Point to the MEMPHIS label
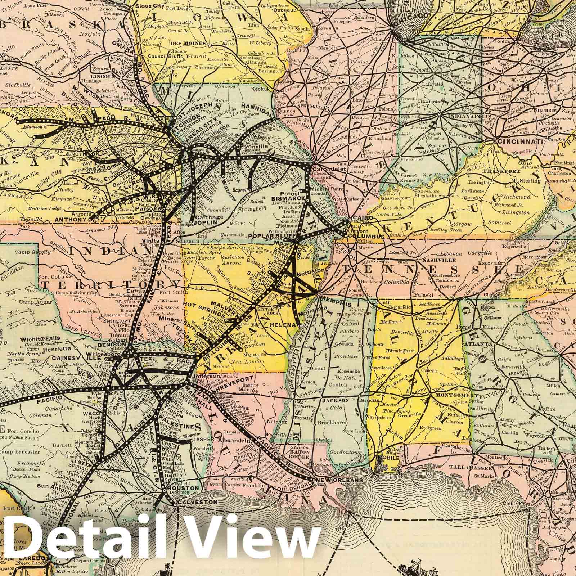336,304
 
